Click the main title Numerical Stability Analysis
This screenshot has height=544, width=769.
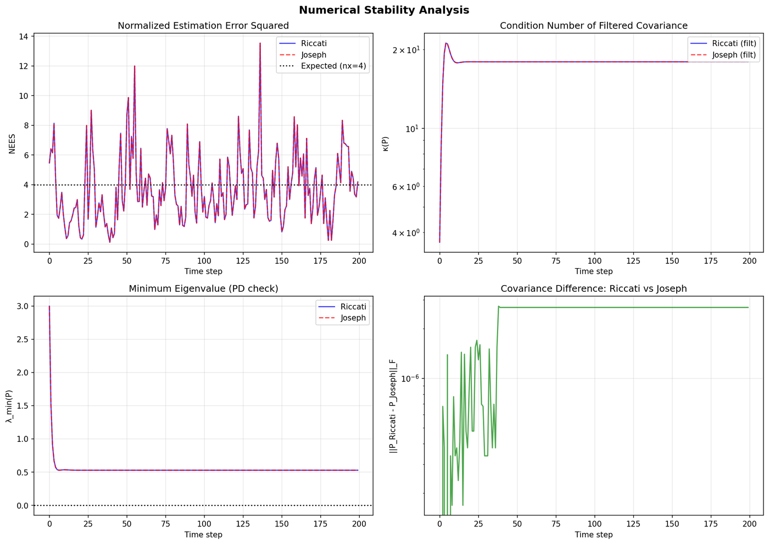tap(384, 10)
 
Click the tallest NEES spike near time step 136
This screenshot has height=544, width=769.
tap(260, 44)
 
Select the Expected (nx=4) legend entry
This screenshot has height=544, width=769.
tap(334, 66)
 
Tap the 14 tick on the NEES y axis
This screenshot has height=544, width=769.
tap(24, 36)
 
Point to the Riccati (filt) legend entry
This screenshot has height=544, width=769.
tap(734, 43)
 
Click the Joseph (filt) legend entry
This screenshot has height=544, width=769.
tap(734, 55)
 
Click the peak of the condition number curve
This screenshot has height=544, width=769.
tap(446, 43)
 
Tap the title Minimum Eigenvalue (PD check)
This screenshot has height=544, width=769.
tap(203, 288)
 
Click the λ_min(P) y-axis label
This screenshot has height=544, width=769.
tap(9, 407)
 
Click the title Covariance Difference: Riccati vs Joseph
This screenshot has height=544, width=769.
tap(594, 288)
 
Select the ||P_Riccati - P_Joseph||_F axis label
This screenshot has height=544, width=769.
tap(393, 407)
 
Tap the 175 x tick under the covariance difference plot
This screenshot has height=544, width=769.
tap(710, 525)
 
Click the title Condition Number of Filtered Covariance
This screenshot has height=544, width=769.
tap(594, 26)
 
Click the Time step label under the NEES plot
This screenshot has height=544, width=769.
tap(203, 271)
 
